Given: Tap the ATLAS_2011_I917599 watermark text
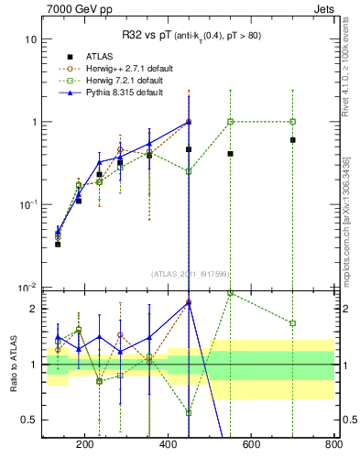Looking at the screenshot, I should [189, 273].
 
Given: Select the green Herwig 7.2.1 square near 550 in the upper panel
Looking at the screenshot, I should [230, 122].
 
